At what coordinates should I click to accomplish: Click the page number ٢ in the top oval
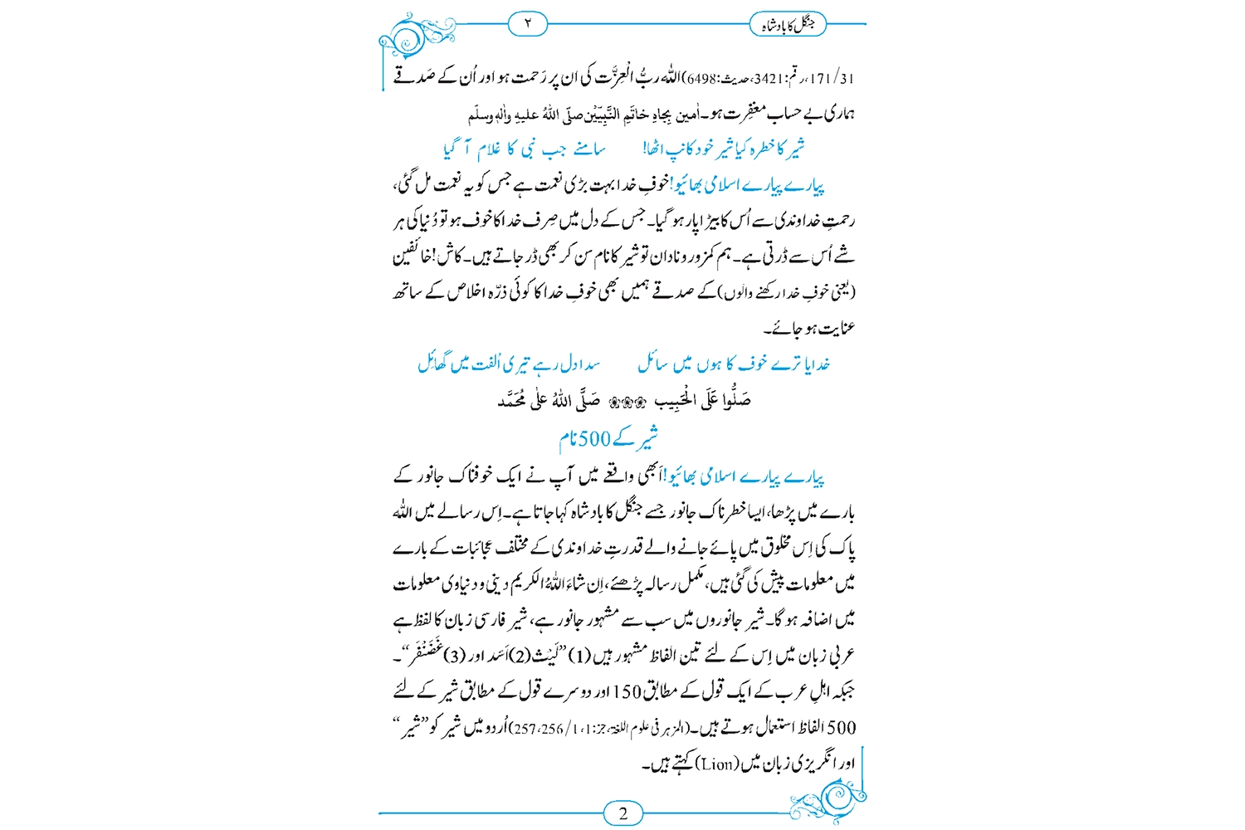pos(528,24)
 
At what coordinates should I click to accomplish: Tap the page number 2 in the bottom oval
pos(623,813)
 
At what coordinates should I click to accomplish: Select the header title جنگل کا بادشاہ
pos(788,25)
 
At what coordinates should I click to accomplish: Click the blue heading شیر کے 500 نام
pos(608,437)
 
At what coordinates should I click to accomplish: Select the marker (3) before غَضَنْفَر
pos(454,656)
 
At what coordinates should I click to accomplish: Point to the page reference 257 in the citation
pos(525,729)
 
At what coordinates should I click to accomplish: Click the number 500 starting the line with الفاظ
pos(840,728)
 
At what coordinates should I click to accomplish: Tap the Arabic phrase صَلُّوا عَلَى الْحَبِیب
pos(702,401)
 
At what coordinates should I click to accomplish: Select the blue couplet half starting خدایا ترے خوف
pos(734,364)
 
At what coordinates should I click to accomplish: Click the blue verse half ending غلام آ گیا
pos(524,149)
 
